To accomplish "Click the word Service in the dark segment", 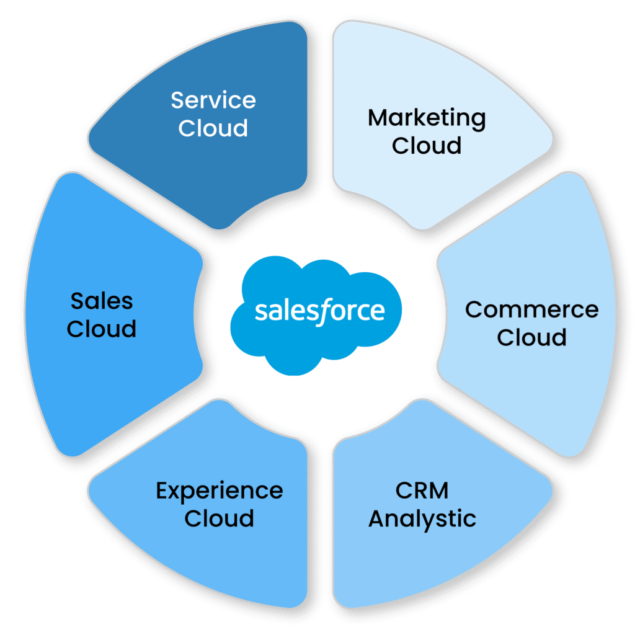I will [213, 100].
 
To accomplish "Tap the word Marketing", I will [427, 118].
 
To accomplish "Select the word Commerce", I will [531, 309].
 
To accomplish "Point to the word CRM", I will [422, 491].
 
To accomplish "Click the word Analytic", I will [422, 519].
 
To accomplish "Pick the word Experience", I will [220, 491].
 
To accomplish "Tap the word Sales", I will [102, 301].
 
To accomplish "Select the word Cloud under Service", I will [213, 128].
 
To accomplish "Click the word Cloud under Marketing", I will [427, 146].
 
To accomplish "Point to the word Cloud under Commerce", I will [531, 337].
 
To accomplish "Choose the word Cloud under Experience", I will [220, 518].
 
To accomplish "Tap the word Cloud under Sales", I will [102, 329].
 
